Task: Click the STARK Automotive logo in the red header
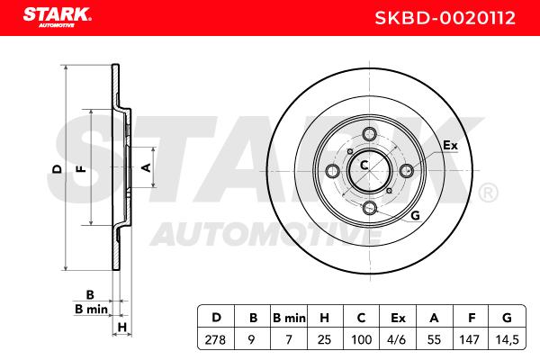click(57, 18)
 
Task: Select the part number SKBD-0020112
click(445, 18)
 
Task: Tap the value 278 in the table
click(216, 339)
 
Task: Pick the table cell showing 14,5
click(507, 339)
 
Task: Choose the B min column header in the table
click(289, 318)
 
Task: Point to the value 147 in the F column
click(469, 339)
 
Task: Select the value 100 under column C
click(361, 339)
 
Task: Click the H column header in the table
click(324, 318)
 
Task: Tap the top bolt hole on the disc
click(370, 134)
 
